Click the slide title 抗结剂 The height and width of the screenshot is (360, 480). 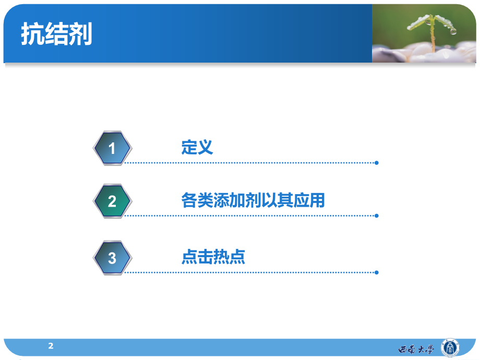coord(57,34)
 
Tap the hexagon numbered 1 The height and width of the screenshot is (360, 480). coord(112,148)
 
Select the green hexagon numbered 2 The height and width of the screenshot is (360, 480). coord(112,201)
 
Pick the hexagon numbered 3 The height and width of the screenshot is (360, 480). coord(112,258)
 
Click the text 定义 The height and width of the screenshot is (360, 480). coord(197,147)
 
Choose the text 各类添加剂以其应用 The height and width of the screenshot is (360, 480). coord(253,200)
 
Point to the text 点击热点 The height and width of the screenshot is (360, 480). coord(213,257)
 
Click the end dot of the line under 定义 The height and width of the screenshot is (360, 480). coord(377,163)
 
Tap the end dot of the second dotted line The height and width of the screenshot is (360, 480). coord(377,216)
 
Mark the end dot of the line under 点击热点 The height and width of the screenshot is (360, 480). coord(377,272)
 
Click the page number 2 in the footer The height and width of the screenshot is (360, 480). coord(51,346)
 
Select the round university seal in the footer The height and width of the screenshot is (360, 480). coord(450,348)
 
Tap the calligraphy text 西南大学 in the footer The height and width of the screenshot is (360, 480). coord(416,349)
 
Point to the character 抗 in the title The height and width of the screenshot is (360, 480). coord(33,34)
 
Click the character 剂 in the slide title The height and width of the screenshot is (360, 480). coord(80,34)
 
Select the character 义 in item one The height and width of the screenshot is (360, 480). coord(205,147)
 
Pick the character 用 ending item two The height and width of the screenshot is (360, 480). coord(317,200)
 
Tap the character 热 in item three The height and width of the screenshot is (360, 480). coord(221,257)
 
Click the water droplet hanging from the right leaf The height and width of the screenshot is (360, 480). coord(453,31)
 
